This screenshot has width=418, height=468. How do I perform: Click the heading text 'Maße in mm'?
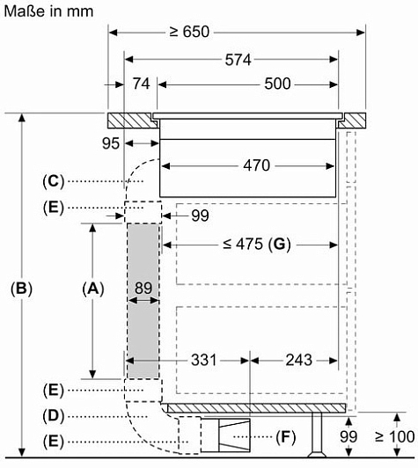48,11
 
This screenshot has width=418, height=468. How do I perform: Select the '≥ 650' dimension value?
189,32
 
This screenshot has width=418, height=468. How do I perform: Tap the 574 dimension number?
238,60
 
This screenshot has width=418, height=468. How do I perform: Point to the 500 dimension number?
277,84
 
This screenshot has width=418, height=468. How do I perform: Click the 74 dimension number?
141,84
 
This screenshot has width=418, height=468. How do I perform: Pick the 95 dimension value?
111,143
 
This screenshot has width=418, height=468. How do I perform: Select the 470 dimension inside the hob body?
256,165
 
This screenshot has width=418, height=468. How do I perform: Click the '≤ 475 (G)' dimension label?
257,245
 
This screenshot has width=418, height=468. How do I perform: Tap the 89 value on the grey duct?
143,288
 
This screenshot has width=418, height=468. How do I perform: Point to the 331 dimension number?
203,360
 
